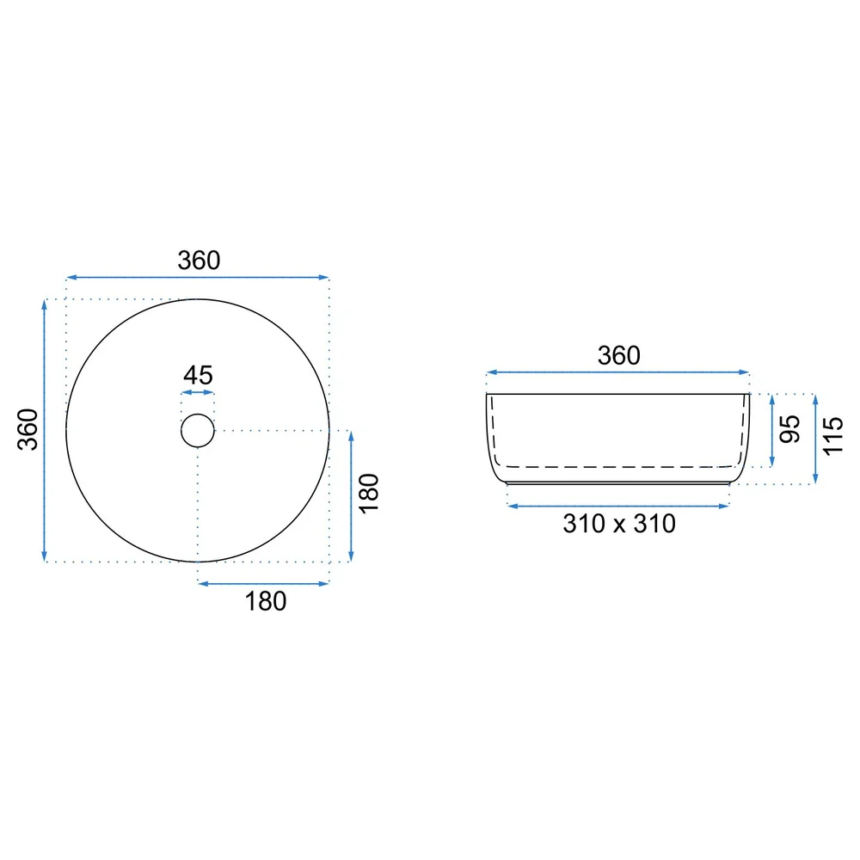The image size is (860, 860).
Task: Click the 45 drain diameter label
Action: coord(198,375)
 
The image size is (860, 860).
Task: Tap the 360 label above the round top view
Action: coord(200,260)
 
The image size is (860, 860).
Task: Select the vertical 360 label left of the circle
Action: coord(28,429)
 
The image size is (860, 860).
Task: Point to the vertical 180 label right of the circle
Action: coord(369,493)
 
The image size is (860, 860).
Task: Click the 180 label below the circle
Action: coord(266,601)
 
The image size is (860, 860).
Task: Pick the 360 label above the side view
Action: coord(618,355)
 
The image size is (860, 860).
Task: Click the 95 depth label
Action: coord(789,429)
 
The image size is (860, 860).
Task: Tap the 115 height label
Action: coord(832,435)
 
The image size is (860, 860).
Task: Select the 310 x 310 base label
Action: coord(619,523)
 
